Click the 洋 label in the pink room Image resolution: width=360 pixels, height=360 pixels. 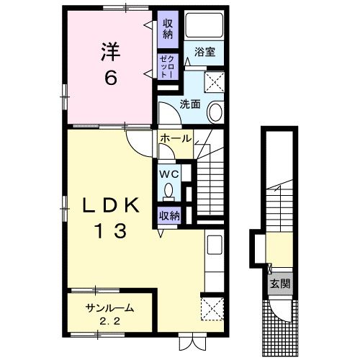110,52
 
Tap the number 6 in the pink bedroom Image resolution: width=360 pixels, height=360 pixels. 111,78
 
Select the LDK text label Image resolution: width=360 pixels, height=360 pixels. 111,205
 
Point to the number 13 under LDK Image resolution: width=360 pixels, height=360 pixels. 111,231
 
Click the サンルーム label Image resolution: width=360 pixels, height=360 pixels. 109,308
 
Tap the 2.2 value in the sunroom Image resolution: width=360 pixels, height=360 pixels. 109,321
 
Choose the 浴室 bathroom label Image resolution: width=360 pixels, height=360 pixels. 204,52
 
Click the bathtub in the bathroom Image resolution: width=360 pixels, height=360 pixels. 204,25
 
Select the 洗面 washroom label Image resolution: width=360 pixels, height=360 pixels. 190,104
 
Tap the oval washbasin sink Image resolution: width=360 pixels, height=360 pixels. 215,112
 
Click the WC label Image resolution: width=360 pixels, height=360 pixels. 169,174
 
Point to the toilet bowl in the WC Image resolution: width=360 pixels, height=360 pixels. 169,191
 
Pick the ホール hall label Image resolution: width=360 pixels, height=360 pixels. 176,139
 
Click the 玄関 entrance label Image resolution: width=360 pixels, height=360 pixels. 280,284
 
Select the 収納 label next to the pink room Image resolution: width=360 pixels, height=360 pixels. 168,30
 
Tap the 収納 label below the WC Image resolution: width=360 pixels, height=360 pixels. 170,216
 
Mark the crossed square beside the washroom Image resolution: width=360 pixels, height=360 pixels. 214,82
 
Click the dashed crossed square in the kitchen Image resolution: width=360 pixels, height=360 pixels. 212,309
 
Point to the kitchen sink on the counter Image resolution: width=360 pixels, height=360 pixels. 215,245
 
